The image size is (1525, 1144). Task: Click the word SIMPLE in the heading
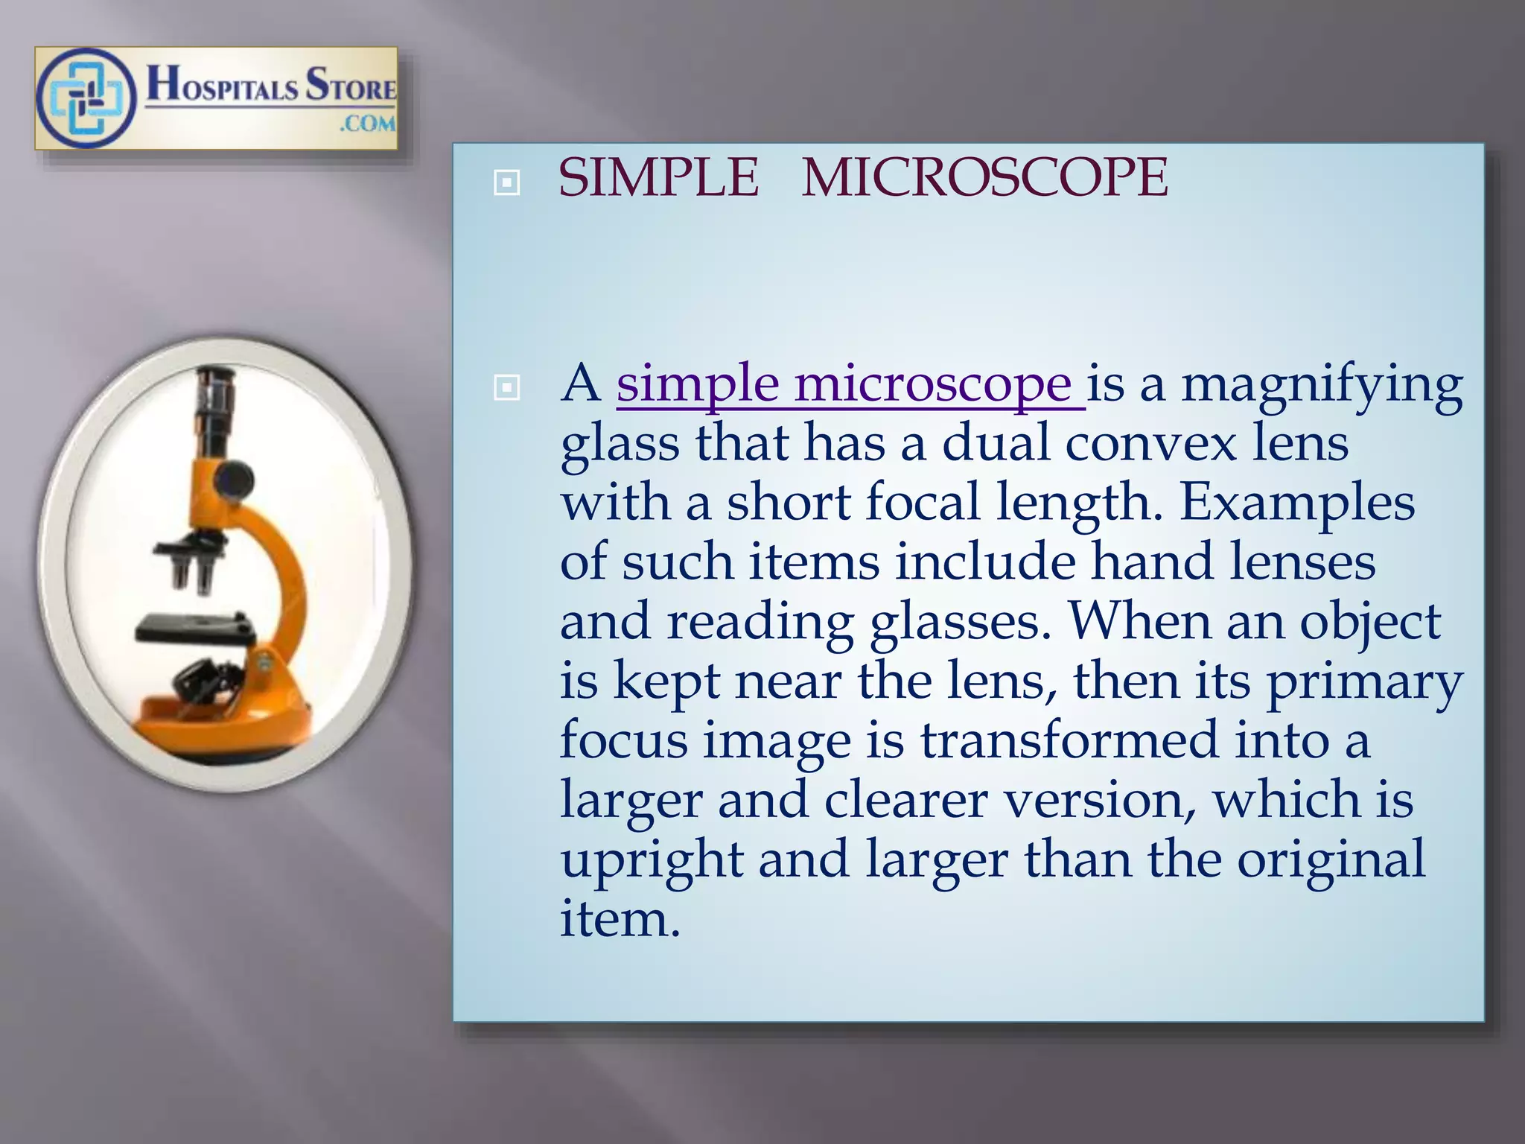point(658,179)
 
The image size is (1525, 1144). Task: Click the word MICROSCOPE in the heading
point(984,179)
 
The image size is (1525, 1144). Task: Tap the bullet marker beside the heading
point(507,182)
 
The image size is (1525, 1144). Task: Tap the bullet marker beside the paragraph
point(507,387)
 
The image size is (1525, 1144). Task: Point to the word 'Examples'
point(1297,503)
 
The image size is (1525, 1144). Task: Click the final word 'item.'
point(620,919)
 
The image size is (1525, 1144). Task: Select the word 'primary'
point(1364,682)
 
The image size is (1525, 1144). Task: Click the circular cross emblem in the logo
point(86,98)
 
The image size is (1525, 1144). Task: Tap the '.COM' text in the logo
point(367,124)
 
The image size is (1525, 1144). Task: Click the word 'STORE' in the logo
point(351,84)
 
